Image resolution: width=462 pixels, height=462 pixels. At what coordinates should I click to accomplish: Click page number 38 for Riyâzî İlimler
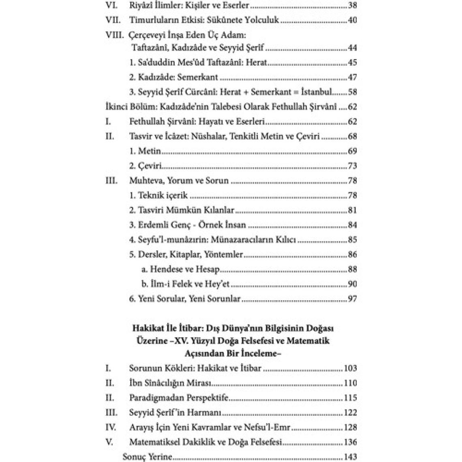pyautogui.click(x=352, y=6)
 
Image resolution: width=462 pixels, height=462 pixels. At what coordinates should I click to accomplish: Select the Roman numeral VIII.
pyautogui.click(x=113, y=35)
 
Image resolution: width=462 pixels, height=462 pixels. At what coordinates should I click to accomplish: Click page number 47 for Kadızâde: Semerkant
pyautogui.click(x=352, y=77)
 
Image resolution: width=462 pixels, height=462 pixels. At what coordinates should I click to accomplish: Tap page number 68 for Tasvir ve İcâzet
pyautogui.click(x=352, y=137)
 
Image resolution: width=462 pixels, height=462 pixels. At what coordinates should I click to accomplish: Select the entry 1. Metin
pyautogui.click(x=145, y=151)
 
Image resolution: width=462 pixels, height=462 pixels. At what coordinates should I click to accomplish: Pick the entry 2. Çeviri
pyautogui.click(x=146, y=166)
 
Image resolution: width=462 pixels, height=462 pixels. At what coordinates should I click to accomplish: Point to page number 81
pyautogui.click(x=352, y=210)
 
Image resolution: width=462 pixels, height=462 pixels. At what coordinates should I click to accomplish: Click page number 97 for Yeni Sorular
pyautogui.click(x=352, y=299)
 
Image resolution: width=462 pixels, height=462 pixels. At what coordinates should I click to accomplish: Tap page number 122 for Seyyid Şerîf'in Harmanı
pyautogui.click(x=350, y=413)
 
